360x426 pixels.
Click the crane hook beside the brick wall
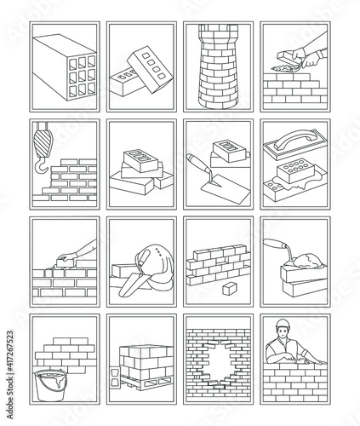(40, 168)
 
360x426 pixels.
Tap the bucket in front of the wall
(51, 385)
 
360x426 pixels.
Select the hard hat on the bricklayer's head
(283, 324)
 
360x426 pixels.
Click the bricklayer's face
(283, 331)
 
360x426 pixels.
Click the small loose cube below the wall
(230, 288)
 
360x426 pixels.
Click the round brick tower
(218, 66)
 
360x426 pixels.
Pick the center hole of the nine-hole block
(82, 76)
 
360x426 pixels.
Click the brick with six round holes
(296, 170)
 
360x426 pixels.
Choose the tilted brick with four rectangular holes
(150, 69)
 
